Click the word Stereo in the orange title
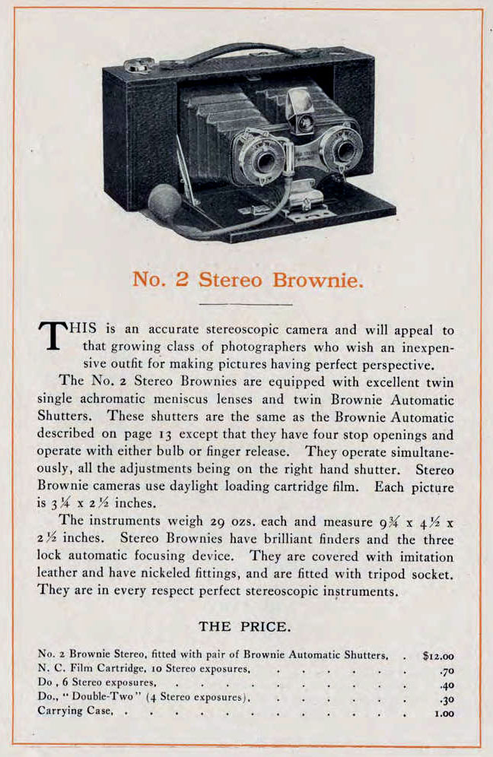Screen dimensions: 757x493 231,279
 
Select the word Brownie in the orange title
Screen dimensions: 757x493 315,279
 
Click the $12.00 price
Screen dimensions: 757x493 439,654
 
